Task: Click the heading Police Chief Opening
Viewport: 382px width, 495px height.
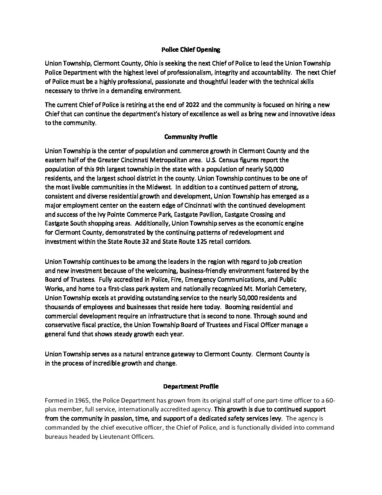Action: point(191,50)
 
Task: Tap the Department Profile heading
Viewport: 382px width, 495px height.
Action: point(191,386)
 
